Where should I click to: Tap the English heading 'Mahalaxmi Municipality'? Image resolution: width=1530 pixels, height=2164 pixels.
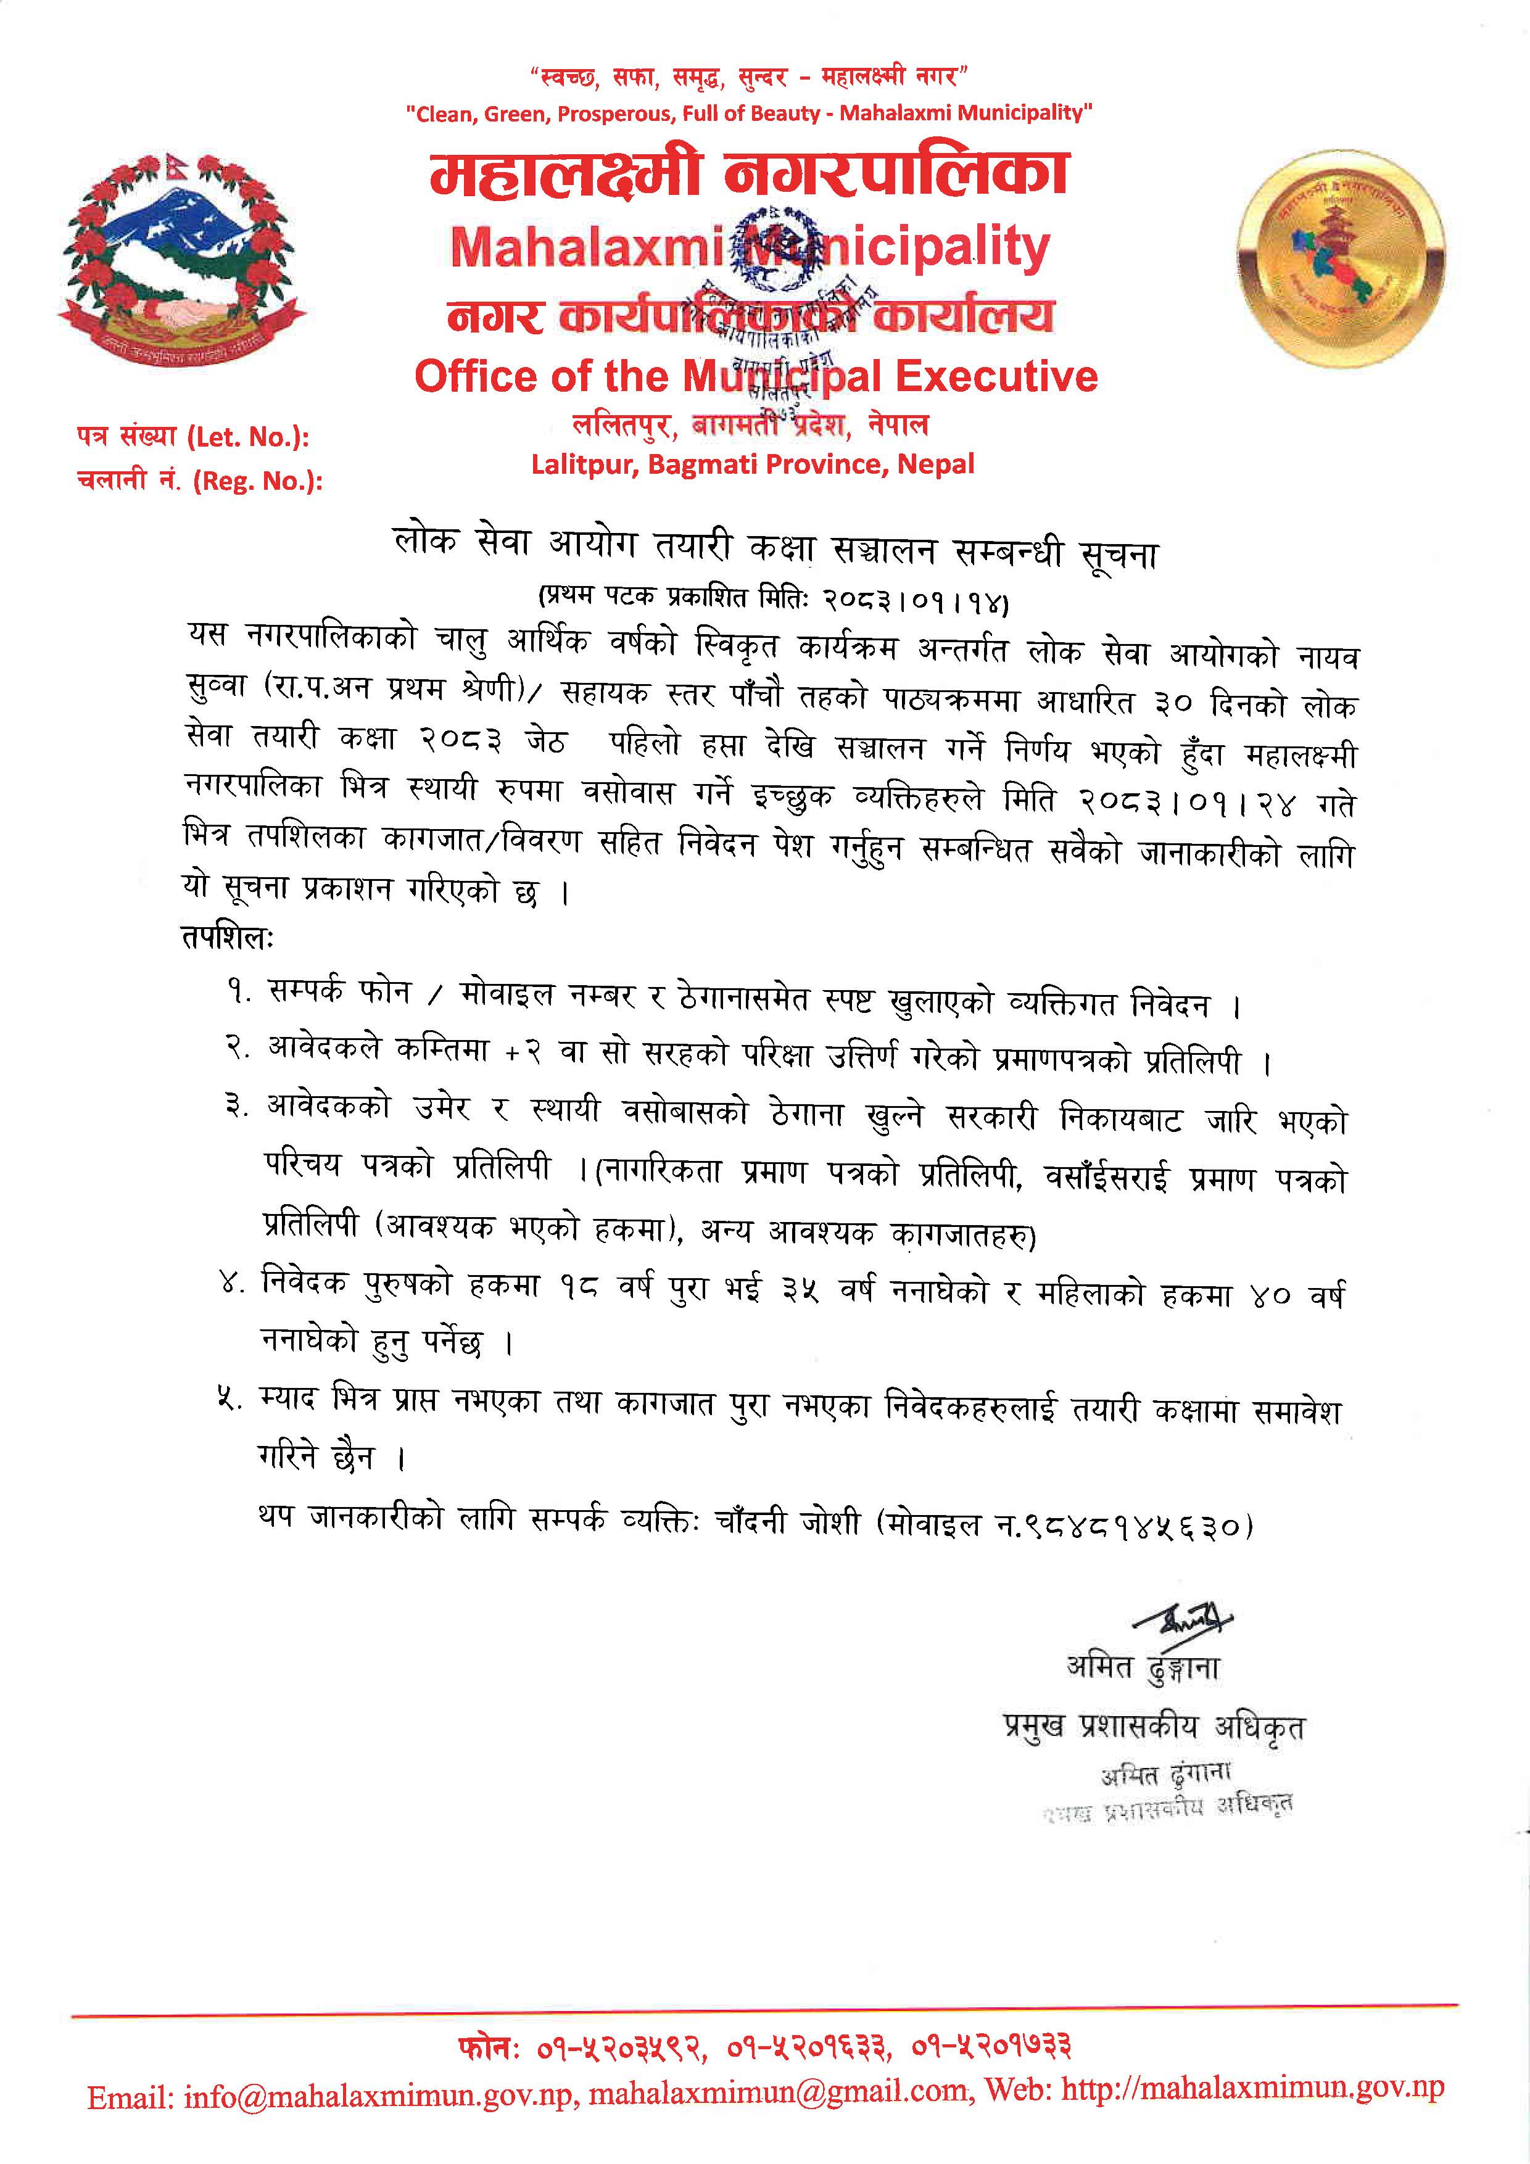(x=750, y=247)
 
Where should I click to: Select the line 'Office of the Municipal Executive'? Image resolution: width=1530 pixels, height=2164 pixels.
(x=756, y=377)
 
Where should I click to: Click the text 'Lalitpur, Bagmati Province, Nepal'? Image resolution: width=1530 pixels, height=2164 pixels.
(x=752, y=464)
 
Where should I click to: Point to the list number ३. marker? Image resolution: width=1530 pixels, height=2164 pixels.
(x=237, y=1107)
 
